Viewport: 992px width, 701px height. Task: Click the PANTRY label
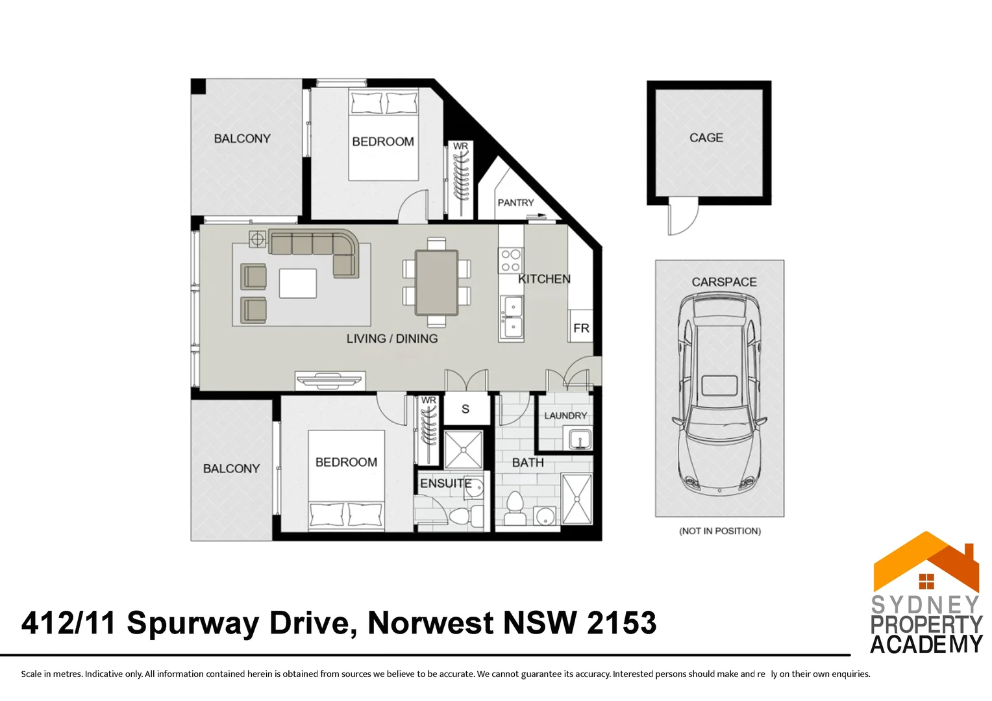click(x=515, y=203)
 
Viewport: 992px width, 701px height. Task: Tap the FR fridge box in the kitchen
click(x=581, y=328)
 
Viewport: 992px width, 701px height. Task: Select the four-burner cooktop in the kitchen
click(x=511, y=260)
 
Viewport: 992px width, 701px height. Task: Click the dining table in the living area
click(x=436, y=282)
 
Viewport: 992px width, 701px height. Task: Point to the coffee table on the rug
click(x=298, y=284)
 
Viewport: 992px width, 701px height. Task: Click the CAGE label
click(x=706, y=138)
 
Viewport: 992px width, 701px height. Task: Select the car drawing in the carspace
click(x=719, y=393)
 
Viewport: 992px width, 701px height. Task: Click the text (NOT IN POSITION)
click(x=719, y=531)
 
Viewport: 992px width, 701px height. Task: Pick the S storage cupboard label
click(x=465, y=409)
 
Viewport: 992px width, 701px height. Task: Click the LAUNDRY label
click(x=565, y=415)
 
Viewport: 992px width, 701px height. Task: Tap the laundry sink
click(x=579, y=439)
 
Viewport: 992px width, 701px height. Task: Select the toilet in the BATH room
click(x=515, y=508)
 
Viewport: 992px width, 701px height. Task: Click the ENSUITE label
click(x=445, y=484)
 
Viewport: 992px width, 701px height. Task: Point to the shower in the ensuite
click(x=464, y=449)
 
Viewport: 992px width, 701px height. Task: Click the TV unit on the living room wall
click(x=330, y=380)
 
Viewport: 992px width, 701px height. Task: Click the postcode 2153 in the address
click(x=621, y=623)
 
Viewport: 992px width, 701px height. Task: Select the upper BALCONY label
click(x=242, y=138)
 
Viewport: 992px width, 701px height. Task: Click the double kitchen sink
click(x=512, y=317)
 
